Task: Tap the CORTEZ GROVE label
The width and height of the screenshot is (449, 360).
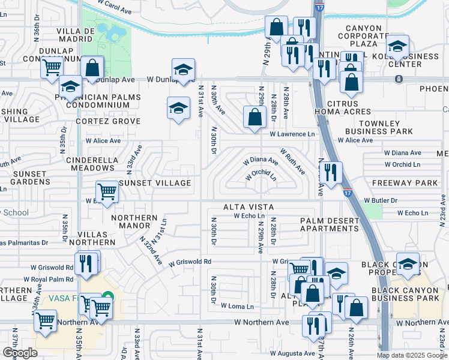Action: (107, 121)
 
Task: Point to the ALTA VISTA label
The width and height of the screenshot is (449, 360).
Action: (249, 207)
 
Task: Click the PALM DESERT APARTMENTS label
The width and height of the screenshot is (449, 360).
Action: (330, 224)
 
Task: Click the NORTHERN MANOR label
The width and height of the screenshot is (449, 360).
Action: (134, 222)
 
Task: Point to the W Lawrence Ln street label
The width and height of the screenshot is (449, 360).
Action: (292, 134)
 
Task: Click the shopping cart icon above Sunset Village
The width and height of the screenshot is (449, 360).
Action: (107, 192)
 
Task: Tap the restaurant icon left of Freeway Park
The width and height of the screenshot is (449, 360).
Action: (331, 172)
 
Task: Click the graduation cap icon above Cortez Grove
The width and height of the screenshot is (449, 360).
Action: (178, 109)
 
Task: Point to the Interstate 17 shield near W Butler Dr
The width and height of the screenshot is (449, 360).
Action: (348, 193)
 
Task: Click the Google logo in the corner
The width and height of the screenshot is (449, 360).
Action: (20, 353)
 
